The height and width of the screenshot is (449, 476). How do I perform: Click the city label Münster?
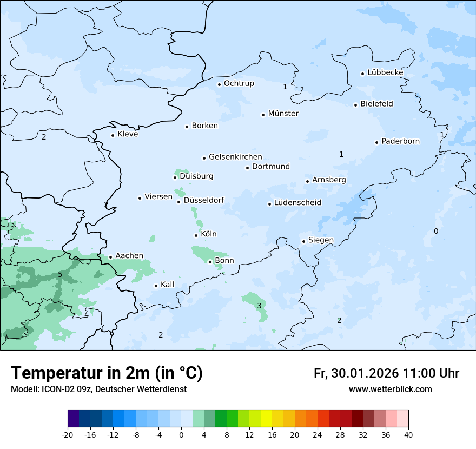pos(283,114)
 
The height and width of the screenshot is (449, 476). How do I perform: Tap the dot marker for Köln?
pos(196,235)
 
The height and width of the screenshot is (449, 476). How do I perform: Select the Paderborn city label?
pos(400,141)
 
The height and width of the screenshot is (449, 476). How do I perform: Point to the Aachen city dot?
pos(110,257)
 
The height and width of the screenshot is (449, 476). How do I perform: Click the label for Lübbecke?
pos(385,72)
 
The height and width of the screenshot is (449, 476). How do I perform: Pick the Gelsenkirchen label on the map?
pos(235,157)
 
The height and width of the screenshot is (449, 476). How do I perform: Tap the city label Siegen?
pos(321,240)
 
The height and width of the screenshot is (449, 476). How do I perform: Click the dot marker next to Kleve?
pos(113,135)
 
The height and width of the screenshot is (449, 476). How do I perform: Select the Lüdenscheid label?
pos(297,203)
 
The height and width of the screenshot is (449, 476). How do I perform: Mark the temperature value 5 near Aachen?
pos(60,275)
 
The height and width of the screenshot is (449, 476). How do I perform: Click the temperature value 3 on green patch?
pos(259,306)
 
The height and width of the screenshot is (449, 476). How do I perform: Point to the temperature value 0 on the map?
pos(436,232)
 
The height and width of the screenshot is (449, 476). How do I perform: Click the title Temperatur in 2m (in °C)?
pos(107,373)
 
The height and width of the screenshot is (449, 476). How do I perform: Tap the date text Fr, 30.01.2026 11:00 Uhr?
pos(386,373)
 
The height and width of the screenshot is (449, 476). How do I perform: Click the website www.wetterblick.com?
pos(390,389)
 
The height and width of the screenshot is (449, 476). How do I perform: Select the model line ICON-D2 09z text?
pos(98,389)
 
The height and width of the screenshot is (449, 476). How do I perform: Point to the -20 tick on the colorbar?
pos(68,435)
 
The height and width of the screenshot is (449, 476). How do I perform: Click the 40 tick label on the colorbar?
pos(408,435)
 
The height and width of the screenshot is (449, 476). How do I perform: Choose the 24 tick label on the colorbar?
pos(318,435)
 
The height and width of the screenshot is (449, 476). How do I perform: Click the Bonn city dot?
pos(210,262)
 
